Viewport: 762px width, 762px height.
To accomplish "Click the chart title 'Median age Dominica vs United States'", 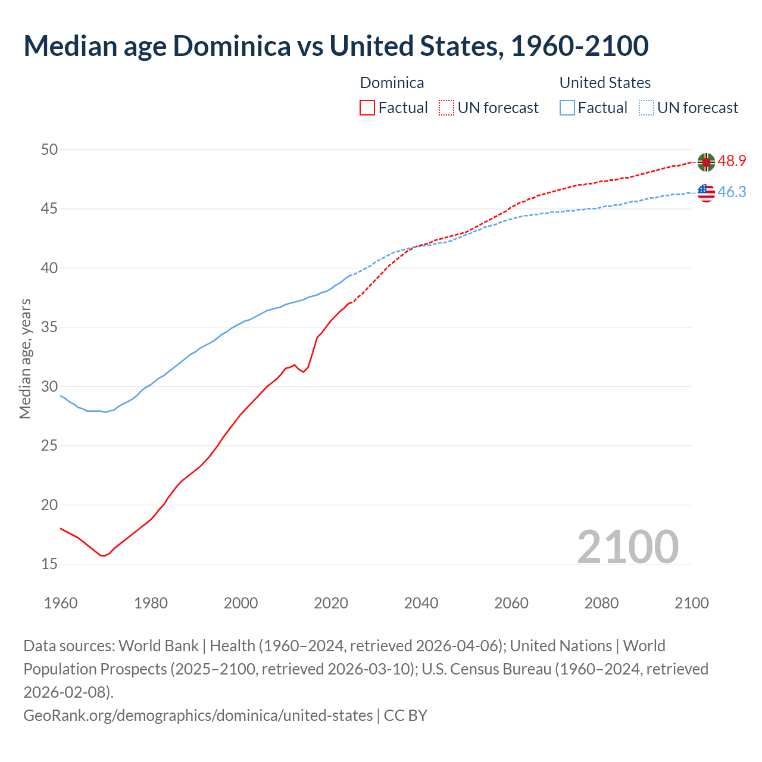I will point(336,46).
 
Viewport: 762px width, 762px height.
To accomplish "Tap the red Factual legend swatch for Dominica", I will point(367,108).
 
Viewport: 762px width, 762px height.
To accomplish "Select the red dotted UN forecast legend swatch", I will point(446,108).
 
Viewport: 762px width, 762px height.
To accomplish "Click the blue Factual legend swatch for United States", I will point(567,108).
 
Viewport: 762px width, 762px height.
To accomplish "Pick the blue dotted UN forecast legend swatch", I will point(647,108).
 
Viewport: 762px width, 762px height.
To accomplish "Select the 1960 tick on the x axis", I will point(61,603).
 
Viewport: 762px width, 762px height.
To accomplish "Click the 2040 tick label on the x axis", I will point(421,603).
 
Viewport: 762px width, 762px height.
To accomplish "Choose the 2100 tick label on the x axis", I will point(691,603).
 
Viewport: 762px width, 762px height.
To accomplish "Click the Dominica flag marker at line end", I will point(706,161).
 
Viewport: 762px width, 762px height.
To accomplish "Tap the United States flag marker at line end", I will point(706,193).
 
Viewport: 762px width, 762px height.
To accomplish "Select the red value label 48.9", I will point(732,161).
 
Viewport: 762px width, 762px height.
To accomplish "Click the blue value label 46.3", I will point(732,192).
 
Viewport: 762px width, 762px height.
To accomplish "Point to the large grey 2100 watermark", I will point(627,547).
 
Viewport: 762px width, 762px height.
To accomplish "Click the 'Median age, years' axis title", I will point(25,359).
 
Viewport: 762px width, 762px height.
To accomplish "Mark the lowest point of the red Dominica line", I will point(103,555).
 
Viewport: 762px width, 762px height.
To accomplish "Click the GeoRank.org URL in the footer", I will point(198,715).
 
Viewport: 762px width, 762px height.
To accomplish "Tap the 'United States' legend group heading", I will point(605,83).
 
